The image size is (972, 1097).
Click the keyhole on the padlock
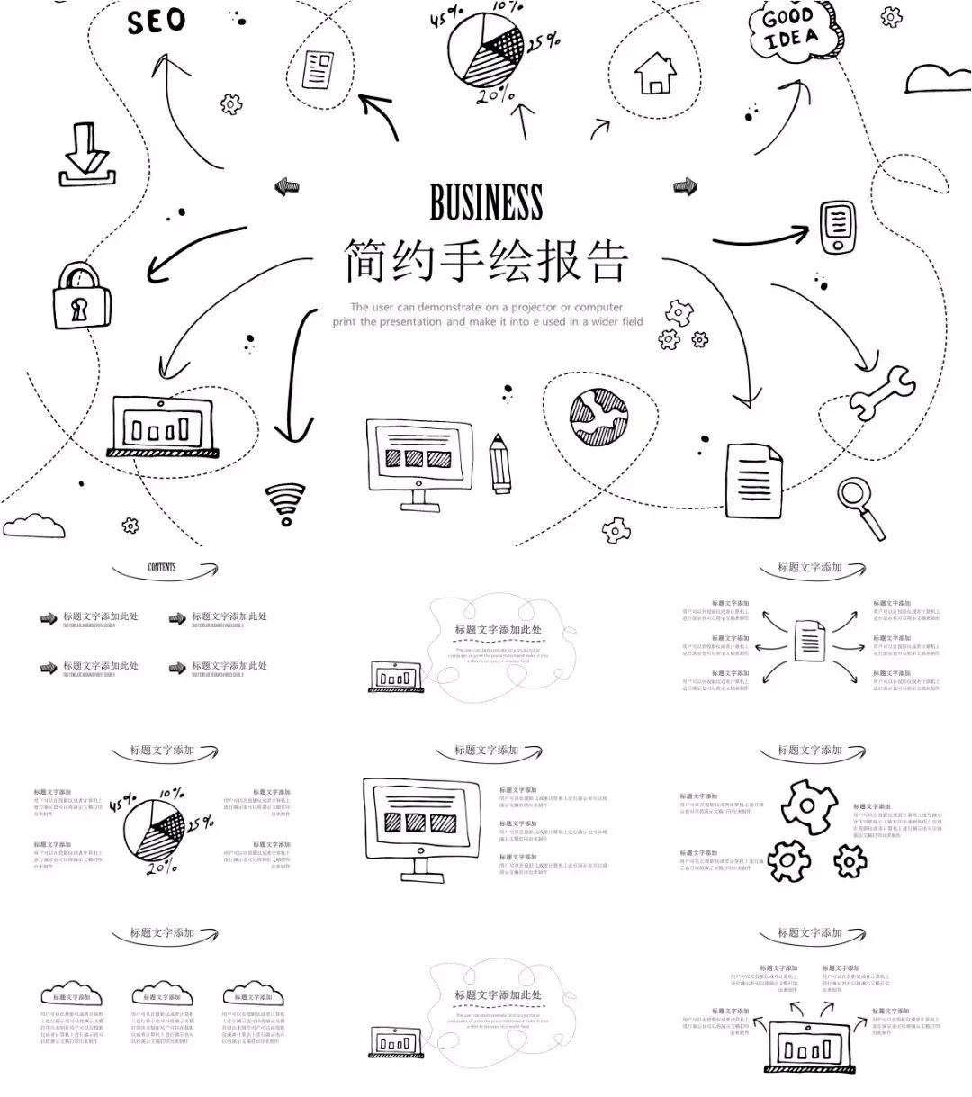79,310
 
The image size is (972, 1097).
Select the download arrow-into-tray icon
85,156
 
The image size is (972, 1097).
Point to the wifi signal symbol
284,504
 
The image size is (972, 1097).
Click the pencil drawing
499,463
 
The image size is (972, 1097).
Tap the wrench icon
880,392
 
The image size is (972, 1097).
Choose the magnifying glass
859,503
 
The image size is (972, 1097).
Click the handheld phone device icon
838,228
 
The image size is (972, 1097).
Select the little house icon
655,74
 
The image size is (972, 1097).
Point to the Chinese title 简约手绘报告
486,262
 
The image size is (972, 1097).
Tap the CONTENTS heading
162,568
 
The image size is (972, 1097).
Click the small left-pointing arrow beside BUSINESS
286,186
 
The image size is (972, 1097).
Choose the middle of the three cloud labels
162,994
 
